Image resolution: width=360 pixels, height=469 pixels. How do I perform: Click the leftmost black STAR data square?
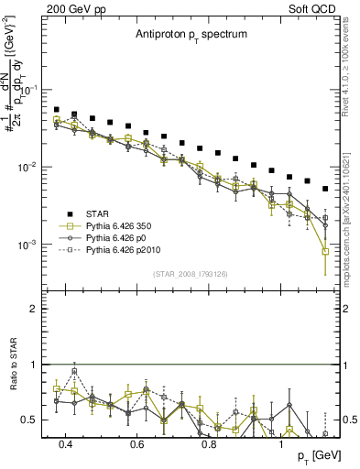pos(57,110)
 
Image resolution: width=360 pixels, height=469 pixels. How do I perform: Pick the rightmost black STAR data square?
pos(325,189)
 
